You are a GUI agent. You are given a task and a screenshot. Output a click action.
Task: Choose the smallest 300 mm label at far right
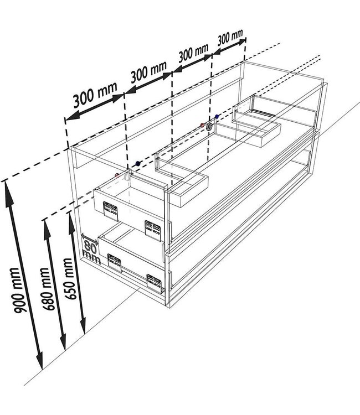[x=229, y=38]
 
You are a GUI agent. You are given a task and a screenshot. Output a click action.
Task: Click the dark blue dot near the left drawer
[x=136, y=164]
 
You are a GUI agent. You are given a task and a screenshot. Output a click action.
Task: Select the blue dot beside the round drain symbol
[x=217, y=117]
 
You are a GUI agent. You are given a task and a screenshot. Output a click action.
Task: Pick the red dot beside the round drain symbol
[x=202, y=126]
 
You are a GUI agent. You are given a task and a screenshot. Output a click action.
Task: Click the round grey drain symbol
[x=209, y=127]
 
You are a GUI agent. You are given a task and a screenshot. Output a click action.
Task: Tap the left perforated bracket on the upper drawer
[x=108, y=207]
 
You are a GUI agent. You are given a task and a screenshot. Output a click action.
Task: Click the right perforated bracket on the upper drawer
[x=152, y=227]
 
